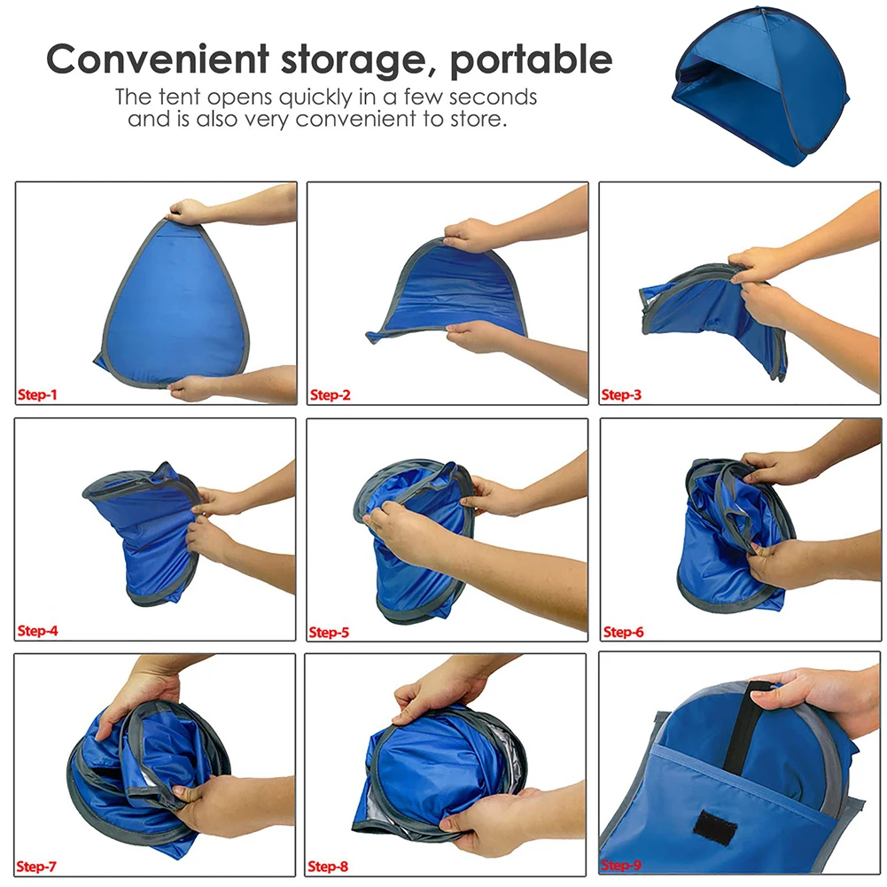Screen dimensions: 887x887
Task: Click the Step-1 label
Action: point(37,395)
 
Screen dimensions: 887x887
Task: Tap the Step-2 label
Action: point(330,395)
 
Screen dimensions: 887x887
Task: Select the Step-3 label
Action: point(621,395)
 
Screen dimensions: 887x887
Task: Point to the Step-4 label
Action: point(37,632)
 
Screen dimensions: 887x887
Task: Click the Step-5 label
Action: point(330,633)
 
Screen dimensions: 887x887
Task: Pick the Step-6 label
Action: point(623,633)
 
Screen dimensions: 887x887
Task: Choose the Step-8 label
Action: point(330,866)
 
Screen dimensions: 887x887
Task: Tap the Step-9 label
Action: point(623,866)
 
